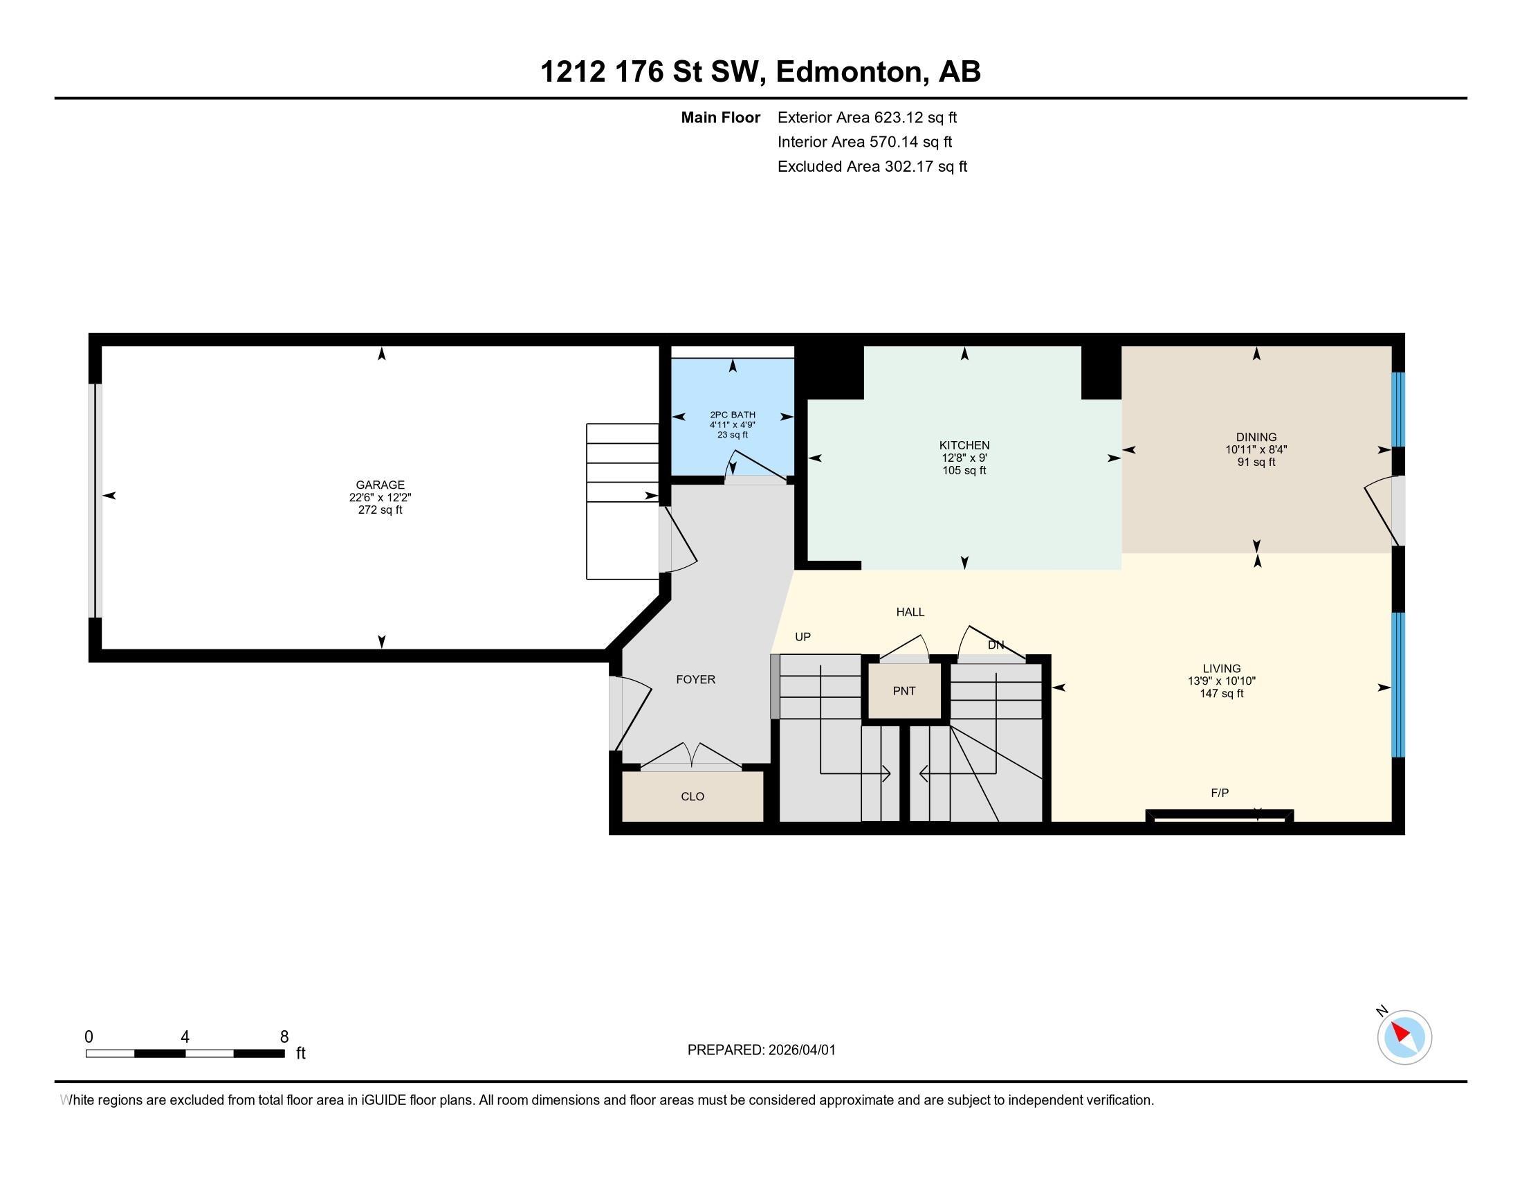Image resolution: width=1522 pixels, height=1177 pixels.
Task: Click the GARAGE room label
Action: click(380, 485)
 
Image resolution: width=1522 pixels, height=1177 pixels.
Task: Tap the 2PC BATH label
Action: click(733, 415)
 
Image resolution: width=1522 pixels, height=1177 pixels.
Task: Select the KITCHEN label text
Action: click(964, 445)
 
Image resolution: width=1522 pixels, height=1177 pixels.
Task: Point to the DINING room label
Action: click(1256, 437)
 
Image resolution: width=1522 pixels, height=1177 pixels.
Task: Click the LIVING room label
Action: click(1221, 668)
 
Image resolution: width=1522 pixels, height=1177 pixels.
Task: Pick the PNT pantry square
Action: click(904, 691)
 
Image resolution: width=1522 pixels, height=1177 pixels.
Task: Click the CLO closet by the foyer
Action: click(692, 796)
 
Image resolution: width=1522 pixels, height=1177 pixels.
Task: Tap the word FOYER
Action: click(695, 679)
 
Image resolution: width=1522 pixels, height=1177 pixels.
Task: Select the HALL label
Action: click(910, 612)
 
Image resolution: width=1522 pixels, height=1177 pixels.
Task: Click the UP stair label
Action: click(803, 636)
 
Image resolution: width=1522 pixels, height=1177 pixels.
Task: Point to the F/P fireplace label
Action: click(1220, 793)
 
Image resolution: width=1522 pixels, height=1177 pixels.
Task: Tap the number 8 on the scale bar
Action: click(284, 1037)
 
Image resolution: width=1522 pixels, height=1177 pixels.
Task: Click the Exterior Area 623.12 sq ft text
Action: click(867, 118)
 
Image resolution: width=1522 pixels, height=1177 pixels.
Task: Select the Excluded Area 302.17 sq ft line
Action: click(872, 167)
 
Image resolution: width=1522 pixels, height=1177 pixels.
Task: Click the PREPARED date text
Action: click(761, 1050)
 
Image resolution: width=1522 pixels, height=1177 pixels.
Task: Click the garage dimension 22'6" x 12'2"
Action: click(380, 497)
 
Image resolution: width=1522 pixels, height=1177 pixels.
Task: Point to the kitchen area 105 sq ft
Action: click(964, 471)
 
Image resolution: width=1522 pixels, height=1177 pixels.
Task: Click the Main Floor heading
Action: click(720, 118)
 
